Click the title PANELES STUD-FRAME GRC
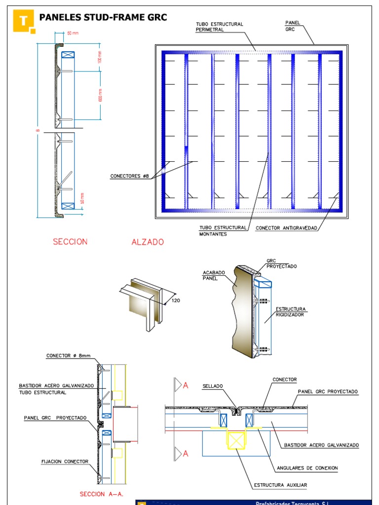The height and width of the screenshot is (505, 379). (x=103, y=18)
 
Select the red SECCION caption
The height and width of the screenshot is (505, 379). (x=70, y=242)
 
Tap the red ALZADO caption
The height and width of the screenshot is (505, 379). (x=148, y=242)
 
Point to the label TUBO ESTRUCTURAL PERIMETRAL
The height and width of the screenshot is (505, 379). (x=219, y=27)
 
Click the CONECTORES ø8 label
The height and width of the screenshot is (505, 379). (x=129, y=176)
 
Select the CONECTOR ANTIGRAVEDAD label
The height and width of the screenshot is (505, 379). (x=286, y=228)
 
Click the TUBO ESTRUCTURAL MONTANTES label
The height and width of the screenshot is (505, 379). (x=223, y=231)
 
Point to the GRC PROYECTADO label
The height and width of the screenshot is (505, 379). (x=281, y=263)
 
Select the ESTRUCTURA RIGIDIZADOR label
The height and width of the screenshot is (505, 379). (x=290, y=312)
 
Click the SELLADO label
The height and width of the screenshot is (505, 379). (x=212, y=386)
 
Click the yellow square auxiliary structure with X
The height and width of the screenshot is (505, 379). (x=236, y=440)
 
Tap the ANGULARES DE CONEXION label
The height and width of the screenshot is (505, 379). (x=307, y=468)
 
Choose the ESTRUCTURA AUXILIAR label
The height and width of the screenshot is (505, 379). (x=280, y=485)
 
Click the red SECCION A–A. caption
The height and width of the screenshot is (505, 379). (x=101, y=494)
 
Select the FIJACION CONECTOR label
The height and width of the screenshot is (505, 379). (x=65, y=462)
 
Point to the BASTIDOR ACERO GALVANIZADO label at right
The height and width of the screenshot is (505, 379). (x=321, y=445)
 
